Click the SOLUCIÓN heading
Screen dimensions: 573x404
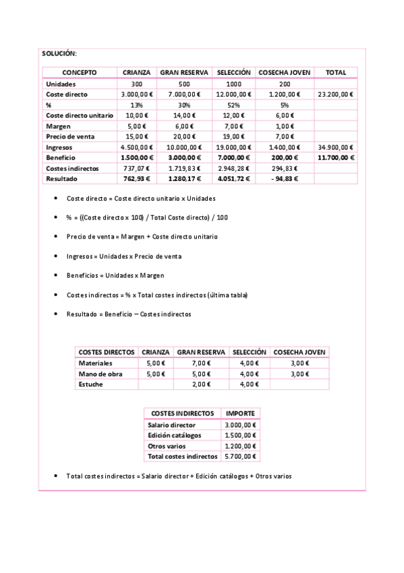click(x=59, y=53)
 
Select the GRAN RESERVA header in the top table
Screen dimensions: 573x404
click(x=183, y=73)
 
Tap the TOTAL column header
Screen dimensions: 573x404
click(x=335, y=73)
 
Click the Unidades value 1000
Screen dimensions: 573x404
click(x=233, y=84)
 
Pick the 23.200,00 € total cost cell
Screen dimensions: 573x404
click(x=335, y=95)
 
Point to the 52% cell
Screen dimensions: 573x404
click(x=233, y=105)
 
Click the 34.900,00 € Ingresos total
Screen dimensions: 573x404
click(x=335, y=147)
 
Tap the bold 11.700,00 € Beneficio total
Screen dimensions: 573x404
click(x=335, y=157)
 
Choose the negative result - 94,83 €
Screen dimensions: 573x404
click(x=284, y=179)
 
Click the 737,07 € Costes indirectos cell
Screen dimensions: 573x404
click(x=136, y=168)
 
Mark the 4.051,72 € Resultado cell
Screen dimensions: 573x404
click(x=233, y=179)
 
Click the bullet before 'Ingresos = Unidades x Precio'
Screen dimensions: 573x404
click(x=55, y=257)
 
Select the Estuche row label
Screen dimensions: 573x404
click(x=91, y=384)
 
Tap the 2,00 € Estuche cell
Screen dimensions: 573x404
click(x=201, y=384)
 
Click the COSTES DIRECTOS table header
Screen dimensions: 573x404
click(x=107, y=352)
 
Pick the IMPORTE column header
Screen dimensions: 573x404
click(x=240, y=414)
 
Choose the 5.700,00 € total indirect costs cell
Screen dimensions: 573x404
click(x=240, y=457)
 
